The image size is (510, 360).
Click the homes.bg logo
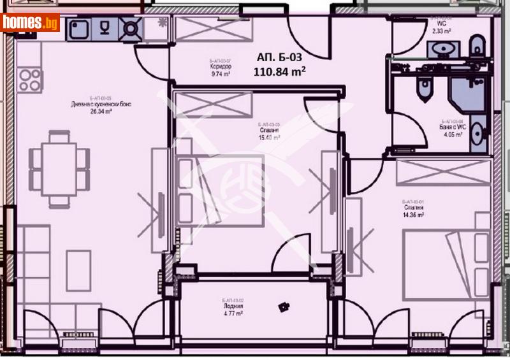(x=30, y=22)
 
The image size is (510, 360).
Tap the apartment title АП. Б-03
(x=279, y=55)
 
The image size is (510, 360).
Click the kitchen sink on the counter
(x=80, y=28)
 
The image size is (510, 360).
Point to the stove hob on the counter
(x=131, y=28)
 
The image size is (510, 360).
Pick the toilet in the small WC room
(x=475, y=46)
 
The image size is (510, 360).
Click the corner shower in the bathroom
(x=469, y=94)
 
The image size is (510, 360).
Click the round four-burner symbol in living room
(x=29, y=79)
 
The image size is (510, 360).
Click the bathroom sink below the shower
(x=479, y=134)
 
